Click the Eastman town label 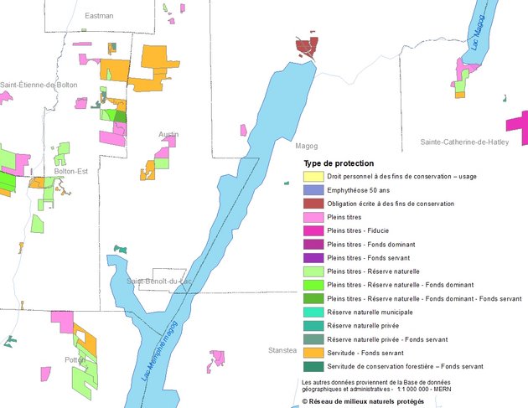point(99,16)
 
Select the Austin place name point(168,134)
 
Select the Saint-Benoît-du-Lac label point(159,281)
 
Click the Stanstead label point(282,349)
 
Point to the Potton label point(75,359)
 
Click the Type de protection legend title point(339,163)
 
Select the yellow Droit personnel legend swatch point(313,177)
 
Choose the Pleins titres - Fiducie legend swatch point(313,230)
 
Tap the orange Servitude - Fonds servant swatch point(313,352)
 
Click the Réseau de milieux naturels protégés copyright point(363,401)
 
